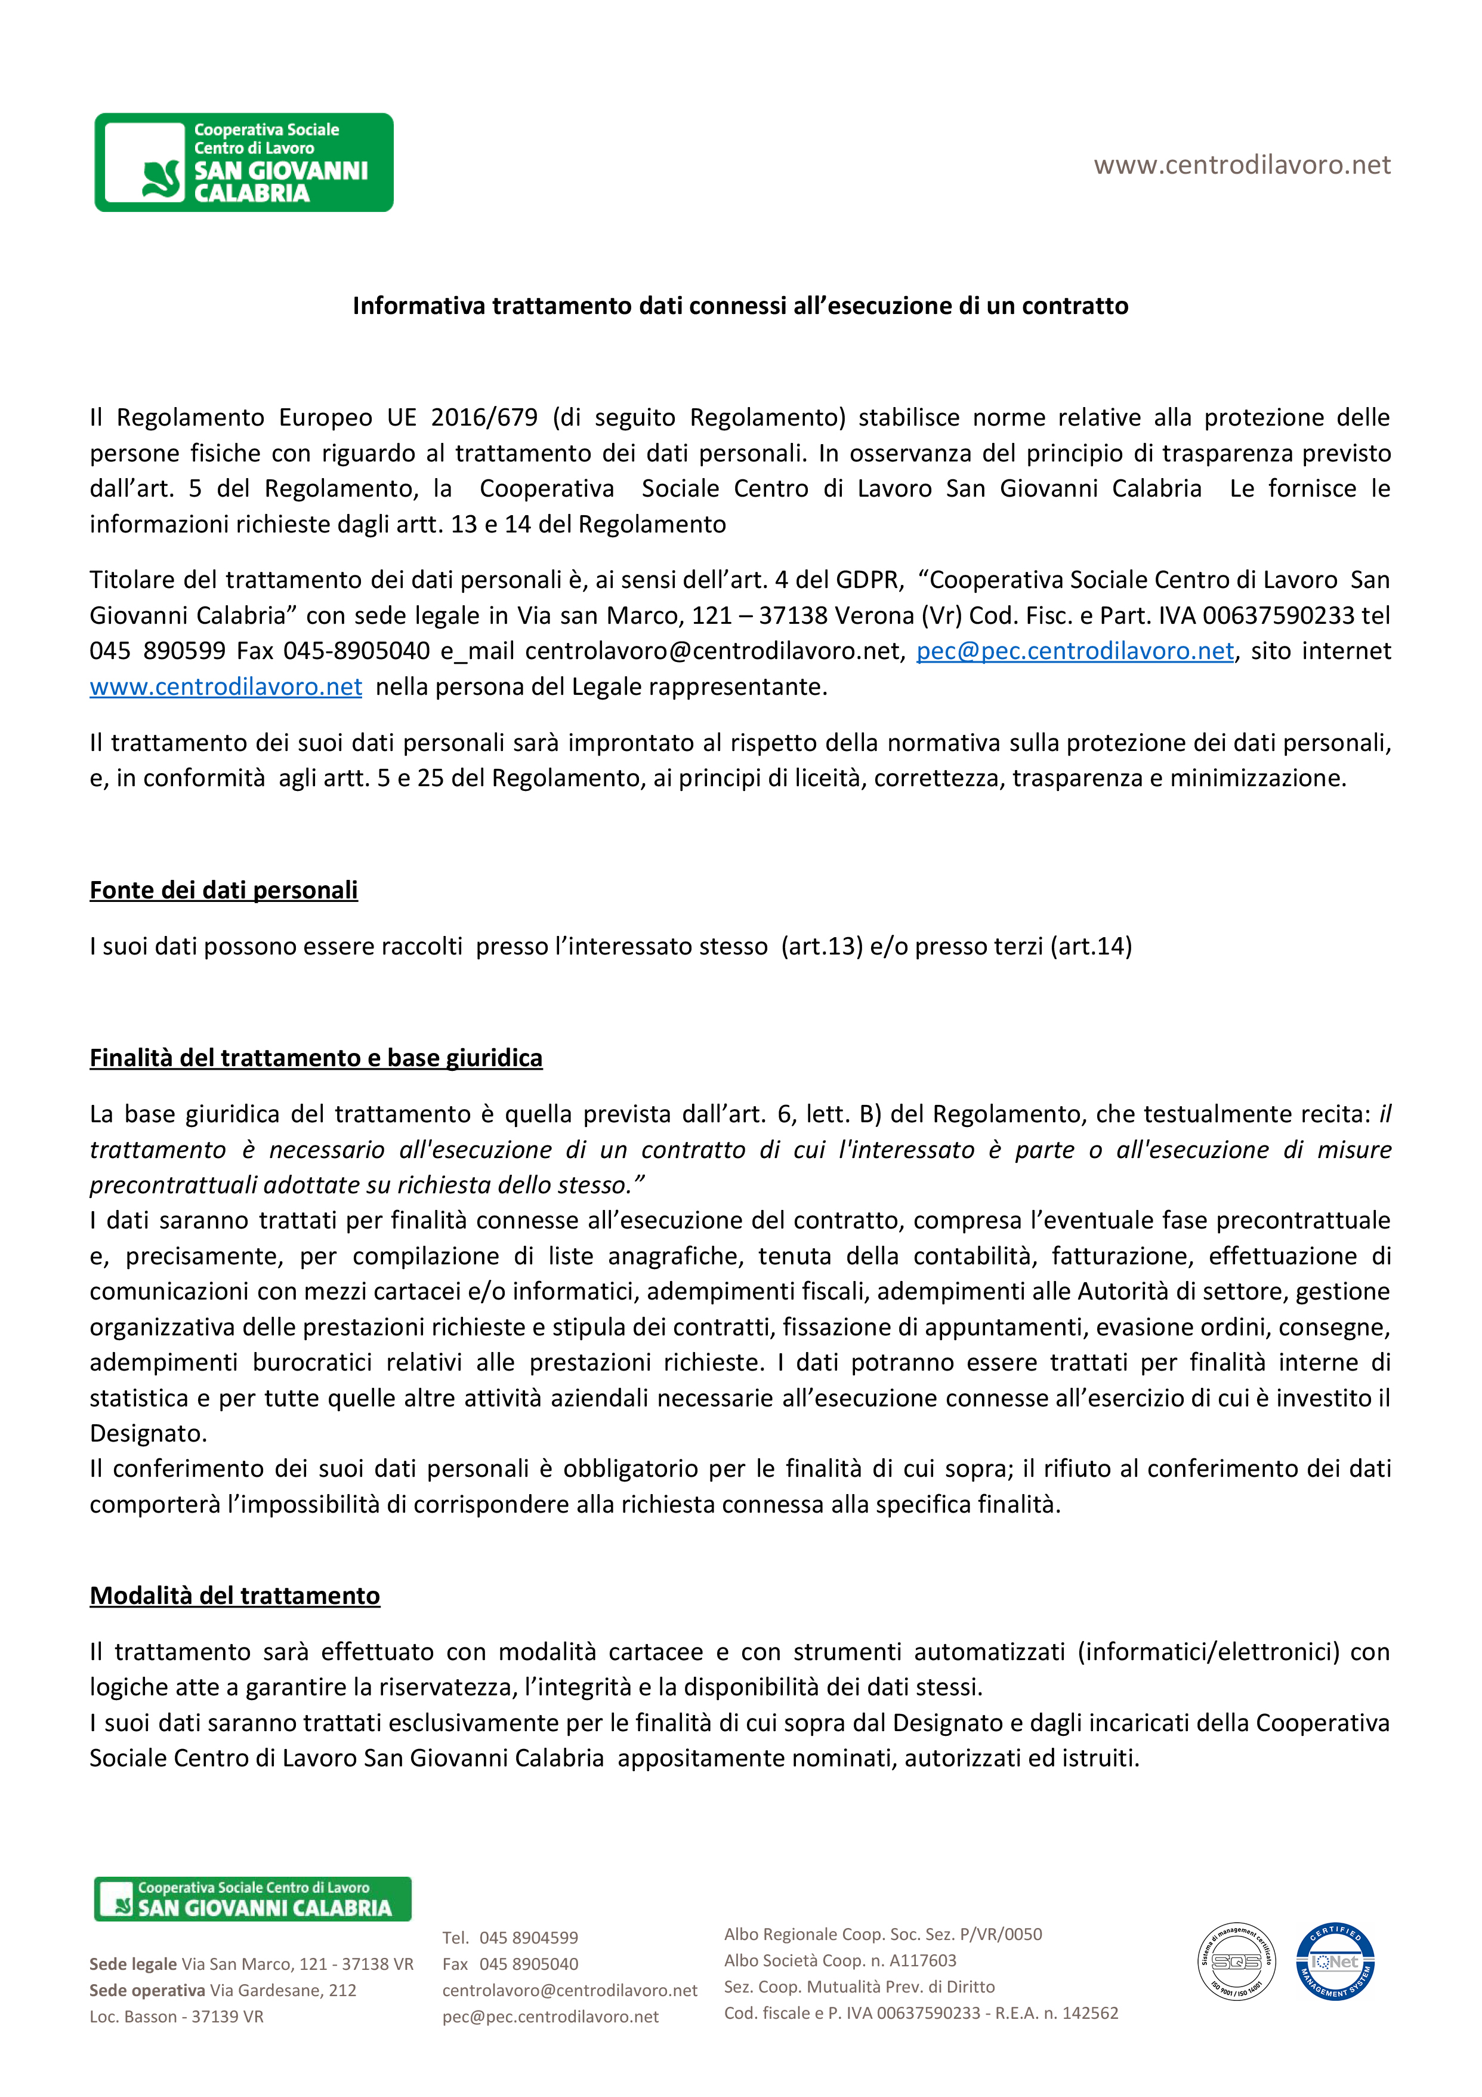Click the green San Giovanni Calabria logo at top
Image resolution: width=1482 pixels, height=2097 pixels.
(244, 162)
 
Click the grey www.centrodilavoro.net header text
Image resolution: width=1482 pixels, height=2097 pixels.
(1242, 165)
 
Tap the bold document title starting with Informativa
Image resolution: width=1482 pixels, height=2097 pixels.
(740, 306)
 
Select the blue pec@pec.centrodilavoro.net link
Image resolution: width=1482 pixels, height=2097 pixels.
(1074, 651)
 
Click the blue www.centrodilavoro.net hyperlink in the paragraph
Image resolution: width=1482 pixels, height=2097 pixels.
(226, 687)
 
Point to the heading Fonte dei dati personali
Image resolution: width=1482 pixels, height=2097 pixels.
(224, 891)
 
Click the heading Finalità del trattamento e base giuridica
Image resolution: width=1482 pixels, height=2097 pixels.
(316, 1058)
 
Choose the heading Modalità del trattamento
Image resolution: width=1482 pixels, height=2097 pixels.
(234, 1596)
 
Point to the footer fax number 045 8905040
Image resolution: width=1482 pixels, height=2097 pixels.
(528, 1964)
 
